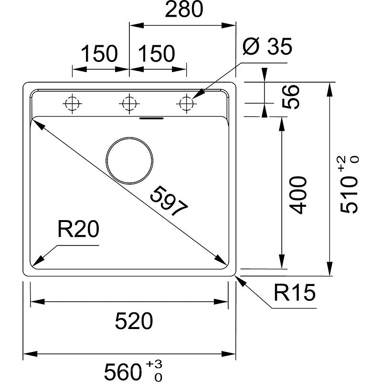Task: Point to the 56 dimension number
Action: [x=290, y=97]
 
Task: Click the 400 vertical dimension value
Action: [x=297, y=195]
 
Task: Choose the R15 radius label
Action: [x=295, y=293]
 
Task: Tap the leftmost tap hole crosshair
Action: [x=72, y=103]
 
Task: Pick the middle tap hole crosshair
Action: [x=128, y=103]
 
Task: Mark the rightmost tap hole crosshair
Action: [x=186, y=103]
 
